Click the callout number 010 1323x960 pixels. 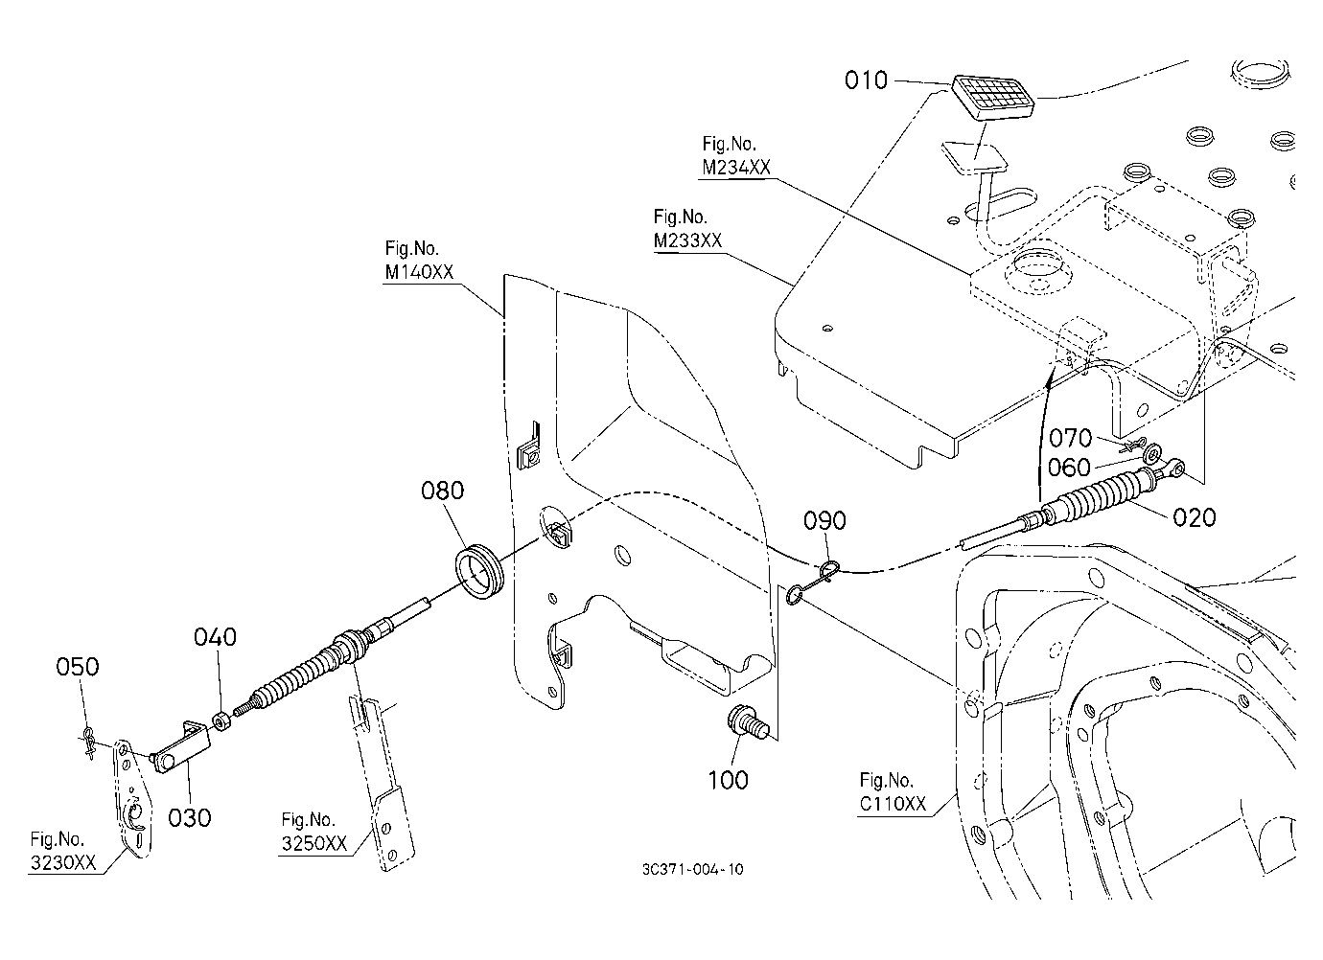pos(866,80)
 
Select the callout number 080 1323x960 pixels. pos(442,491)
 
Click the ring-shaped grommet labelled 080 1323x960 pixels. pos(479,573)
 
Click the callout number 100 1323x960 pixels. pos(729,781)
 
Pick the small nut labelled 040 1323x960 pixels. pos(221,721)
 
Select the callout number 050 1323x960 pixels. pos(78,667)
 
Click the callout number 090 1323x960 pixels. pos(825,521)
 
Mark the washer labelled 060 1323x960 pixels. pos(1151,455)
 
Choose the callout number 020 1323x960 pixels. pos(1195,517)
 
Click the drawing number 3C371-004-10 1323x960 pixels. pos(693,869)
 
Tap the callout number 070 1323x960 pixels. pos(1070,438)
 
